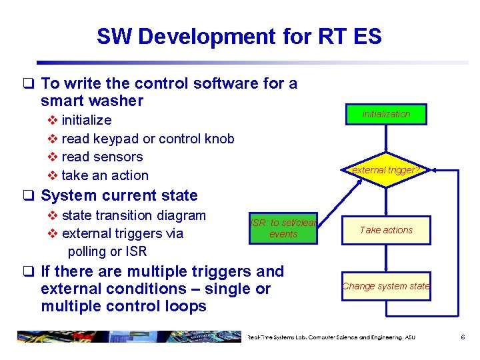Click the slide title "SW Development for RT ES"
pos(239,36)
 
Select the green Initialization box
pos(386,114)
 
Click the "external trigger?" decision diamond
pos(386,170)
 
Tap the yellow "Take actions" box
pos(386,230)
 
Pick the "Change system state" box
pos(386,286)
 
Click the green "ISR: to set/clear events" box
pos(283,229)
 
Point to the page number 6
pos(463,337)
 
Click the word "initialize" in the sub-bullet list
pos(87,120)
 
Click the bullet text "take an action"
pos(105,175)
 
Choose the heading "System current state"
pos(119,195)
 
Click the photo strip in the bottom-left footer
pos(127,337)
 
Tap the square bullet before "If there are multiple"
pos(28,272)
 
